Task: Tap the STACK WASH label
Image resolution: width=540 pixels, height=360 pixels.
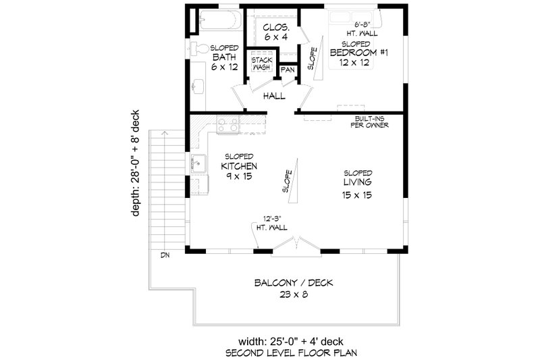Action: [x=262, y=64]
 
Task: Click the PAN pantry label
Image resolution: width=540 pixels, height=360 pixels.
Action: [x=287, y=70]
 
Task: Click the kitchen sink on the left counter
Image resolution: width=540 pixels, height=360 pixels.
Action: [x=198, y=162]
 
